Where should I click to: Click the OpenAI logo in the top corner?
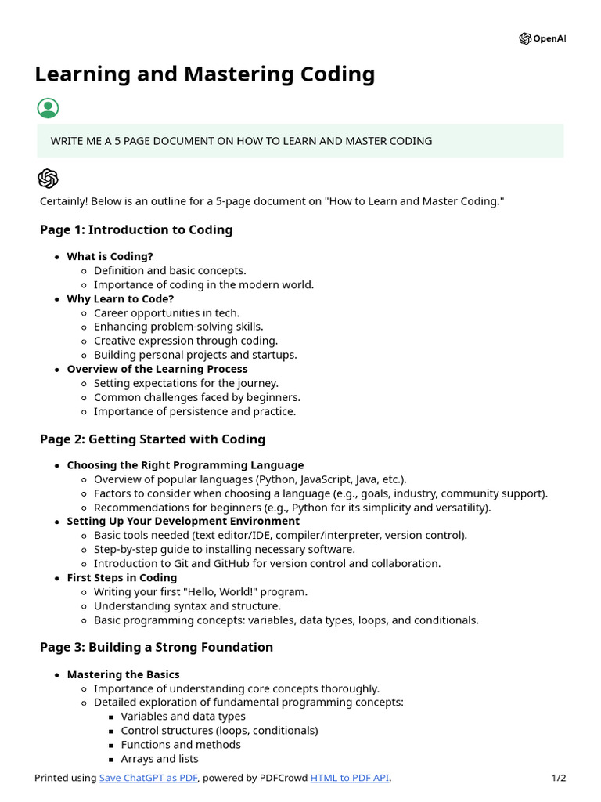pyautogui.click(x=542, y=39)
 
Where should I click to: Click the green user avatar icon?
pyautogui.click(x=48, y=108)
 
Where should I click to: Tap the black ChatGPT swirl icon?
pyautogui.click(x=48, y=179)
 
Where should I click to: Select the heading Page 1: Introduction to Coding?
pyautogui.click(x=136, y=229)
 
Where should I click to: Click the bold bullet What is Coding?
pyautogui.click(x=110, y=256)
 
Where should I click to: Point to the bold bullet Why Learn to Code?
pyautogui.click(x=120, y=298)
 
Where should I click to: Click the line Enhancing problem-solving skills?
pyautogui.click(x=178, y=327)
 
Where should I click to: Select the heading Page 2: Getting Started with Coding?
pyautogui.click(x=153, y=439)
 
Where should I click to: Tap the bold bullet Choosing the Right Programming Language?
pyautogui.click(x=185, y=465)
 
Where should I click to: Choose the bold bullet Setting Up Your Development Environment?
pyautogui.click(x=183, y=521)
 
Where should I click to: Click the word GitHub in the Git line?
pyautogui.click(x=214, y=563)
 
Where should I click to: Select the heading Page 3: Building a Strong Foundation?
pyautogui.click(x=157, y=647)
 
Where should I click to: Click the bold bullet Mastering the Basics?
pyautogui.click(x=123, y=674)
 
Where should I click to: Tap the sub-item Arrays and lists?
pyautogui.click(x=160, y=758)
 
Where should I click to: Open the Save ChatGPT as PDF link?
pyautogui.click(x=149, y=778)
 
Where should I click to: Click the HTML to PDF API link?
pyautogui.click(x=350, y=778)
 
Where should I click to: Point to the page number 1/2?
pyautogui.click(x=558, y=778)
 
